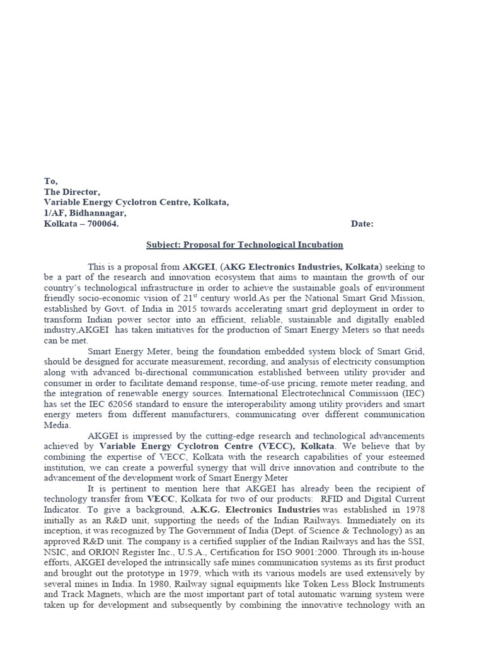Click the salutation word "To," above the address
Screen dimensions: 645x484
(x=50, y=181)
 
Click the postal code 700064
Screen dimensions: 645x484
(x=101, y=224)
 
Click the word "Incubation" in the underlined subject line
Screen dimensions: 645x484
(x=320, y=244)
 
